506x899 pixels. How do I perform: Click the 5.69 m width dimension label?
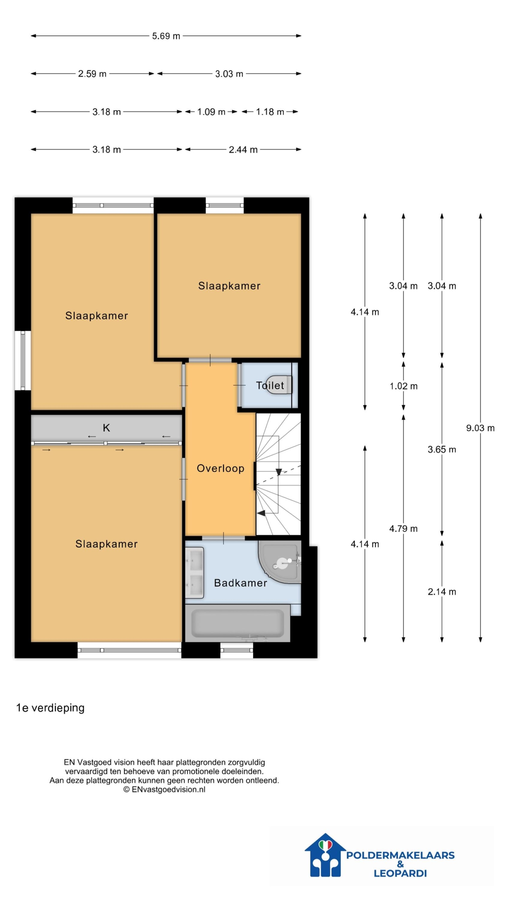[166, 36]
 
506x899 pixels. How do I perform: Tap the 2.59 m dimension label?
[92, 74]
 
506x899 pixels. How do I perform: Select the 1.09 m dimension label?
[211, 112]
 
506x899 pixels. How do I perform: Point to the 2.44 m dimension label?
[243, 150]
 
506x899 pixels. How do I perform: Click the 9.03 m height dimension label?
[480, 428]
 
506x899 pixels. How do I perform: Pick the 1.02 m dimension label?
[403, 386]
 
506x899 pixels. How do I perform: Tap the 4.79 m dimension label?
[403, 529]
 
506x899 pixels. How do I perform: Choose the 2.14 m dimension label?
[442, 592]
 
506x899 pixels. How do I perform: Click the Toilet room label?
[270, 385]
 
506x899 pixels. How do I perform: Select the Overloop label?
[220, 468]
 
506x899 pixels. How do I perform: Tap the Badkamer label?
[240, 583]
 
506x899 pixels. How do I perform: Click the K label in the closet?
[106, 428]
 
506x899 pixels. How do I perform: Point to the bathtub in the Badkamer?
[238, 623]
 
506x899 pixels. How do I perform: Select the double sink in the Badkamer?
[194, 573]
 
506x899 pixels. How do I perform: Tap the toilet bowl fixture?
[279, 385]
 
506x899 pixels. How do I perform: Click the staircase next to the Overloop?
[278, 474]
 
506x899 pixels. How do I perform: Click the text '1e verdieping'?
[50, 708]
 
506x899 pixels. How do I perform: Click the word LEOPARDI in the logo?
[400, 873]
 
